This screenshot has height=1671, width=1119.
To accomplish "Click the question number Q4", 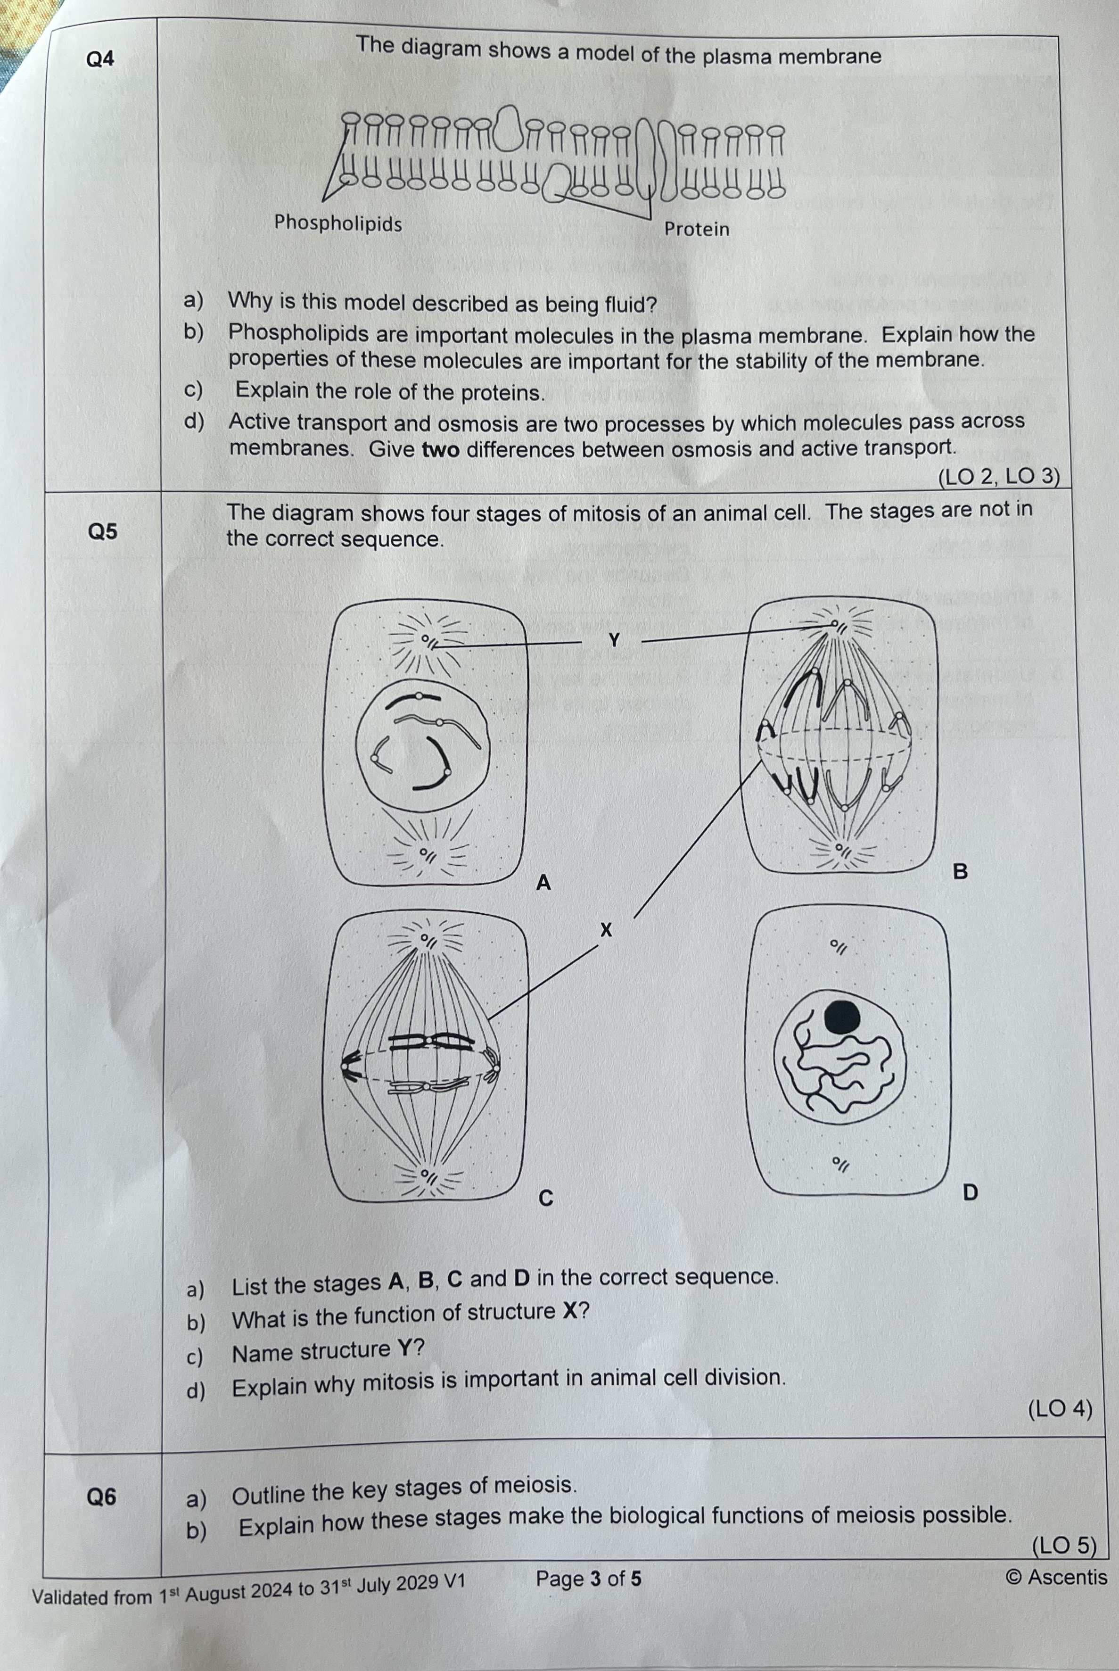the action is pos(100,58).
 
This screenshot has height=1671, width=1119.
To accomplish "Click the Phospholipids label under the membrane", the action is pos(338,223).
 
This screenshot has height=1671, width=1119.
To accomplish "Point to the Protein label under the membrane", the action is pos(697,229).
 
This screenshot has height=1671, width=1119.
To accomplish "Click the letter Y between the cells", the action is pos(614,640).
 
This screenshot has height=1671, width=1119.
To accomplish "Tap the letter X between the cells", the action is pos(606,929).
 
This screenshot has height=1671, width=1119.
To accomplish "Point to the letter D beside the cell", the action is pos(970,1192).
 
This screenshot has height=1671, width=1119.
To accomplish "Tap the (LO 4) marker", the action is pos(1060,1408).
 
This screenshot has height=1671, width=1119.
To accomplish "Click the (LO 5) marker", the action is pos(1063,1546).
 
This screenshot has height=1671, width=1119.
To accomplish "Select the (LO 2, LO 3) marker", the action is pos(998,476).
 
